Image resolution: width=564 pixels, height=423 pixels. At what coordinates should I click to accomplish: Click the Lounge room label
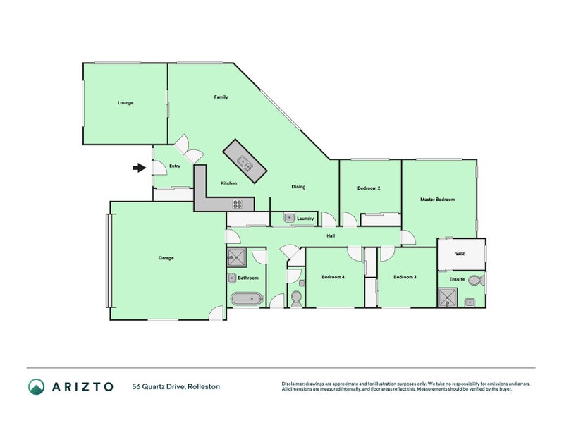[x=125, y=103]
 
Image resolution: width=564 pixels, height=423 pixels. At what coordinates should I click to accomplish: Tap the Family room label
[x=221, y=97]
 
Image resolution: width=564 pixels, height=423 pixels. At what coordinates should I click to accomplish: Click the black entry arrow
[x=139, y=168]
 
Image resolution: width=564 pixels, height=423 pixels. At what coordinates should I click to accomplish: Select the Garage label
[x=166, y=258]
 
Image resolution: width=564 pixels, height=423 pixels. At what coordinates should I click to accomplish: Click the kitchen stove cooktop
[x=238, y=204]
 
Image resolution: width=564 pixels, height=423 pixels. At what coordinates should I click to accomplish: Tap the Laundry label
[x=305, y=219]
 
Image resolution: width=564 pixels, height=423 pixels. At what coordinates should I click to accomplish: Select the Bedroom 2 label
[x=369, y=188]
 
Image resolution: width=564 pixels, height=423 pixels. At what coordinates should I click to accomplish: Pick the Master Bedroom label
[x=438, y=200]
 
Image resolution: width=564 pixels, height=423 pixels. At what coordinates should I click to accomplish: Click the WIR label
[x=460, y=253]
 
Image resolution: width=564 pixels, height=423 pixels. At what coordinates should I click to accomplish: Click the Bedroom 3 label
[x=405, y=277]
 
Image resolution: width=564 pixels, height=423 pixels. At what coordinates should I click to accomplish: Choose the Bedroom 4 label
[x=333, y=277]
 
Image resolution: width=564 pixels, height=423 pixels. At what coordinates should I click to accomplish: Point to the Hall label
[x=330, y=235]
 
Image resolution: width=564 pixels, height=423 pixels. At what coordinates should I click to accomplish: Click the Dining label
[x=299, y=187]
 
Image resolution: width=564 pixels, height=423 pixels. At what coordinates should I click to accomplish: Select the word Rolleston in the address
[x=203, y=386]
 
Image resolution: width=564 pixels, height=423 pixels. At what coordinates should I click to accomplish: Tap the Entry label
[x=175, y=166]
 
